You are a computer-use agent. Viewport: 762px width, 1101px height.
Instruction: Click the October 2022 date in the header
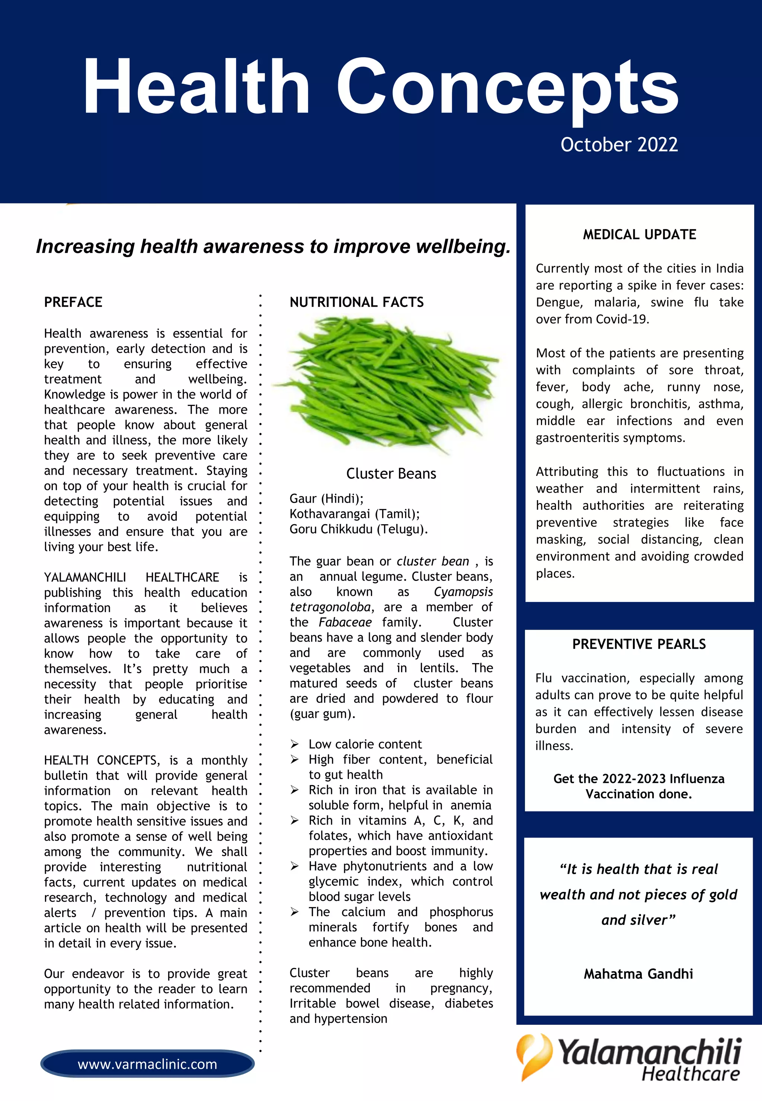(x=619, y=145)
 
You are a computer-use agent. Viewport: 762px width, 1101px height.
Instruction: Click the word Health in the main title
(x=196, y=87)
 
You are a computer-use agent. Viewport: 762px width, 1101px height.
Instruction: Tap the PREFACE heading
(x=73, y=302)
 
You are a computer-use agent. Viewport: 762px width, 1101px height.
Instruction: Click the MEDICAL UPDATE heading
(x=639, y=234)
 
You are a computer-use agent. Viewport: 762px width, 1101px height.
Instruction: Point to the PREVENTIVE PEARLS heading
(x=639, y=644)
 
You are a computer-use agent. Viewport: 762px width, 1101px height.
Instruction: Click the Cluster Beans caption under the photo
(x=391, y=474)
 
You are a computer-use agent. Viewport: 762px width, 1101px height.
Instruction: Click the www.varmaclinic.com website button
(x=147, y=1064)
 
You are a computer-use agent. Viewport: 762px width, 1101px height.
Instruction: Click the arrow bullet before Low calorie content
(x=295, y=744)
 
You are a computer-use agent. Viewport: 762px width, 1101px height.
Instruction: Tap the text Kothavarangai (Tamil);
(x=354, y=514)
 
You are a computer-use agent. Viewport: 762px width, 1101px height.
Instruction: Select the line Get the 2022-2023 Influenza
(x=639, y=779)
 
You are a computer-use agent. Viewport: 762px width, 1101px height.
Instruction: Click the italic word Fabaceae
(x=345, y=622)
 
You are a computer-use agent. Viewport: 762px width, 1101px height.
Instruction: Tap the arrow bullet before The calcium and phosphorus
(x=295, y=912)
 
